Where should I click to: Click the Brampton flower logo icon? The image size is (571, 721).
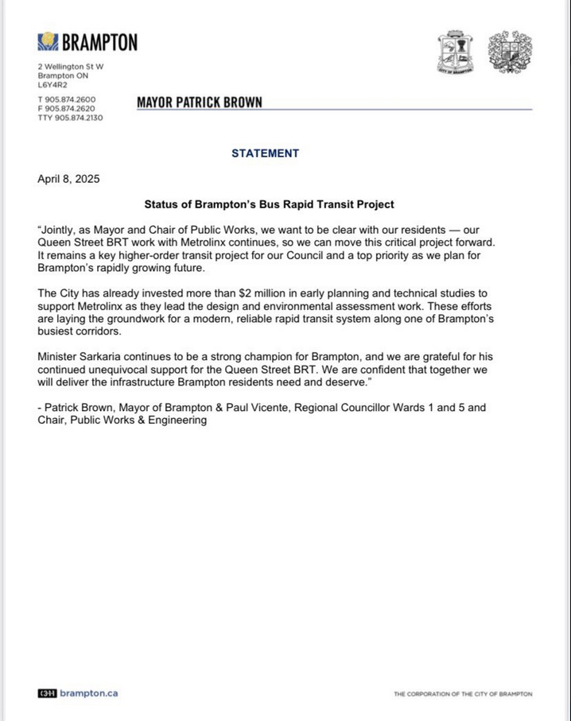point(49,41)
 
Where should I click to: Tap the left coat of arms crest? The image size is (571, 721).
point(456,53)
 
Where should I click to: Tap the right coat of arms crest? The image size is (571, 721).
point(510,53)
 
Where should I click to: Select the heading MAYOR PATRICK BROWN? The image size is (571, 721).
point(199,103)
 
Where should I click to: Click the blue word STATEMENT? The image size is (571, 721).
point(266,153)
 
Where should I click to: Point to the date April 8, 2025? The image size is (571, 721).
point(68,179)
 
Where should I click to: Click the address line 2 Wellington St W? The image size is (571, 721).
point(71,66)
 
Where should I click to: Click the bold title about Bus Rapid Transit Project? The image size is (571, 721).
point(269,204)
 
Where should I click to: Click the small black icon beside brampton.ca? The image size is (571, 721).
point(47,693)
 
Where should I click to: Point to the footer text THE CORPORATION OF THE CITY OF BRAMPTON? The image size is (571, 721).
point(463,694)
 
